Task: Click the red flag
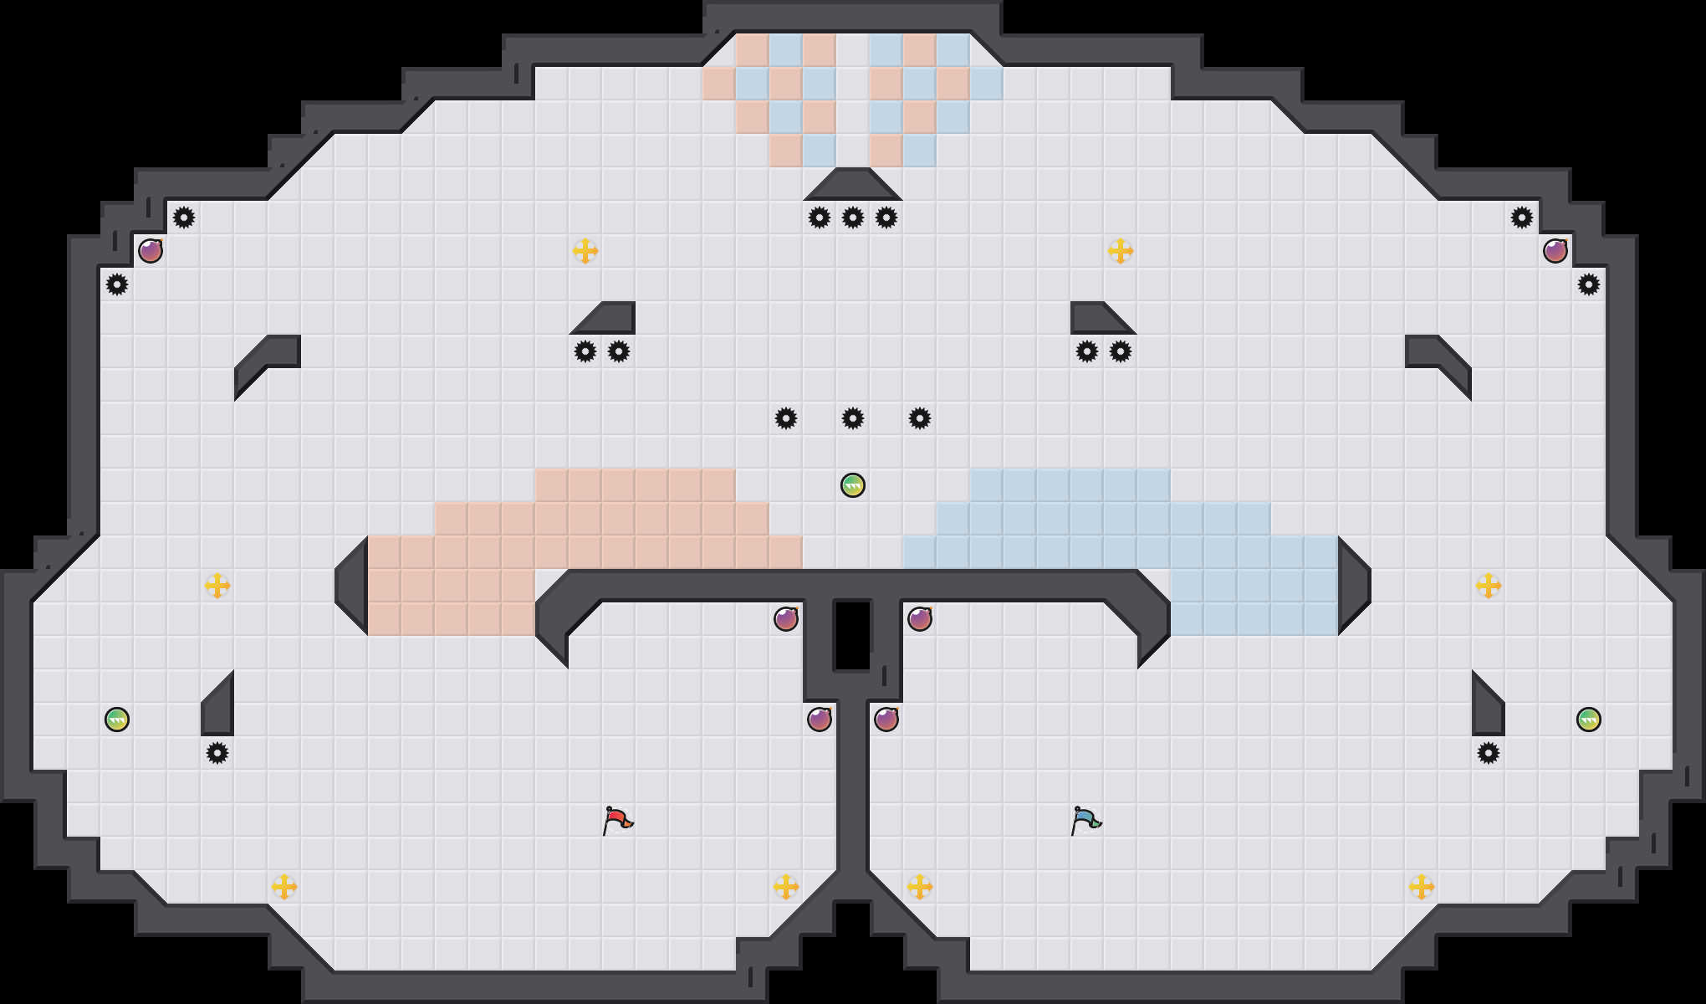[617, 820]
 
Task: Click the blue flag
[1085, 820]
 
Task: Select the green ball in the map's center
[853, 485]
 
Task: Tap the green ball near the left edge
[117, 720]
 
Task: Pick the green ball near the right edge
[1589, 720]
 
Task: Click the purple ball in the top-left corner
[151, 251]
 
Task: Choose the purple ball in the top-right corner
[1555, 251]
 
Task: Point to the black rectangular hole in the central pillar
[853, 636]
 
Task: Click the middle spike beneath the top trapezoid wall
[853, 218]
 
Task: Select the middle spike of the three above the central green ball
[853, 418]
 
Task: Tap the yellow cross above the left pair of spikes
[585, 251]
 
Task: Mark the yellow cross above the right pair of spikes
[1121, 251]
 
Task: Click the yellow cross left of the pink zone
[217, 586]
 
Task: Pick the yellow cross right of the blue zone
[1489, 586]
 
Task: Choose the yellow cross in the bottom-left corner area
[284, 887]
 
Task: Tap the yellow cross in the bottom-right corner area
[1422, 887]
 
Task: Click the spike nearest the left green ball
[217, 753]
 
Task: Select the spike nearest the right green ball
[1489, 753]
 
